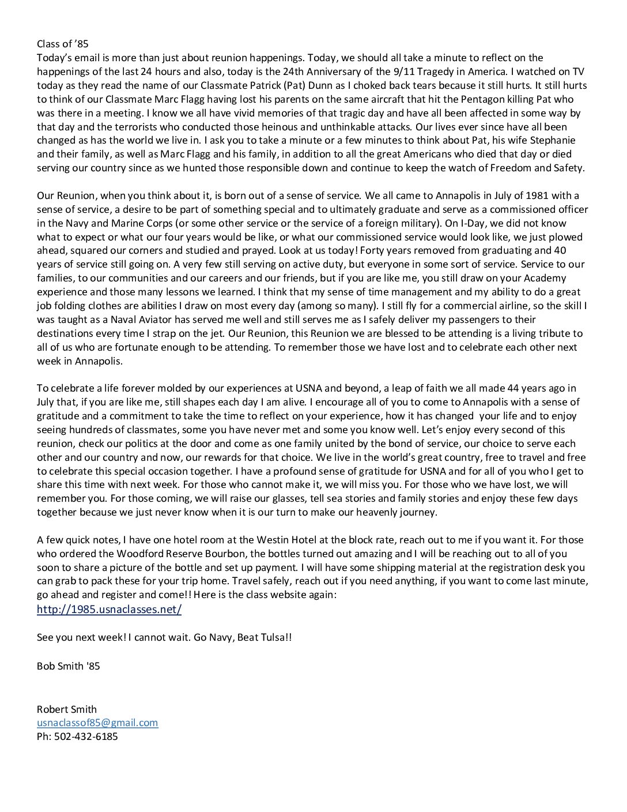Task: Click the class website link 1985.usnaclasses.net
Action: pos(109,610)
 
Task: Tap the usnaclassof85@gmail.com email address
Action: pos(97,723)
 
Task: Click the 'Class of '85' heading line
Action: pos(62,44)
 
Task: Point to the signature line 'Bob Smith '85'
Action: pos(68,666)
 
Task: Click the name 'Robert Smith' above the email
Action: pos(66,709)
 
